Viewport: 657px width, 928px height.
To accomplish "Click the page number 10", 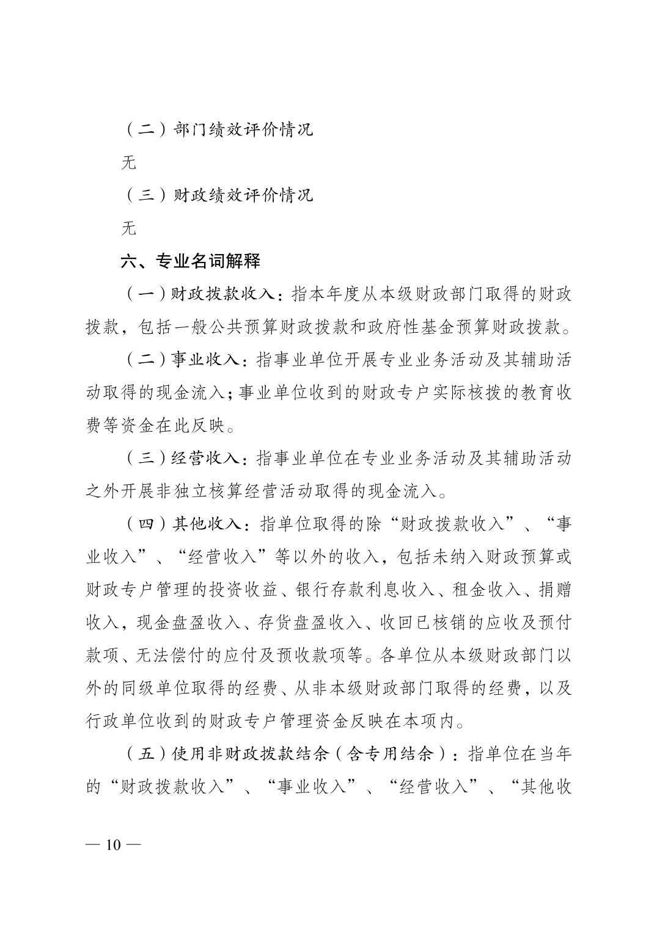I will click(x=114, y=845).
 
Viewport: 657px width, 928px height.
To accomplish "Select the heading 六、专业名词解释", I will click(x=190, y=261).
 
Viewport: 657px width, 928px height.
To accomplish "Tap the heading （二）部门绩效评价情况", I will click(x=218, y=130).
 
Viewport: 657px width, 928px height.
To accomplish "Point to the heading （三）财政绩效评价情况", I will click(x=218, y=195).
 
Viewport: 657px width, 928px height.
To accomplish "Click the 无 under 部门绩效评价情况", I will click(x=128, y=163).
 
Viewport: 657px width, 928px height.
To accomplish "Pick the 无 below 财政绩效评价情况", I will click(x=128, y=228).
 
